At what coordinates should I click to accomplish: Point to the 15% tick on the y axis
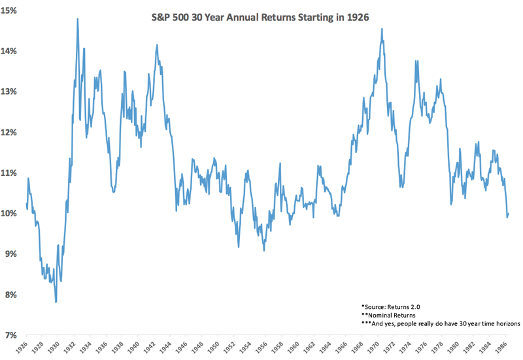(x=14, y=10)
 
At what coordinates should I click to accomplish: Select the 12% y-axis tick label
(x=14, y=132)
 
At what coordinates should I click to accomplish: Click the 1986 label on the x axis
(x=505, y=347)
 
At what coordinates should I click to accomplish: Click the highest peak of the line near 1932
(x=77, y=19)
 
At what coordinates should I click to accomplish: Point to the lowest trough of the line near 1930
(x=56, y=302)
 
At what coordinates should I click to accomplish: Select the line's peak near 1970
(x=381, y=29)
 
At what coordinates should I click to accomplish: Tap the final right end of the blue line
(x=508, y=214)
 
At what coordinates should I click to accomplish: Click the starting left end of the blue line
(x=26, y=203)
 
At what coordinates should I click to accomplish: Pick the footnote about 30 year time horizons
(x=435, y=323)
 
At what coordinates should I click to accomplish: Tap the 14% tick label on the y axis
(x=14, y=51)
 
